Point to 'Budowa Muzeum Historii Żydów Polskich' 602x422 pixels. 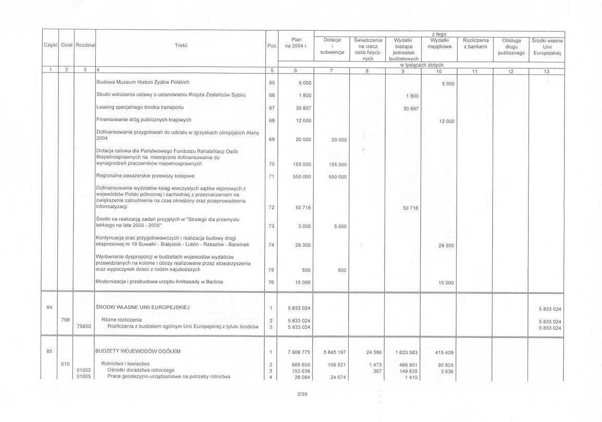click(x=143, y=82)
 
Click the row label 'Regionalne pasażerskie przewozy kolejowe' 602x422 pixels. click(x=145, y=176)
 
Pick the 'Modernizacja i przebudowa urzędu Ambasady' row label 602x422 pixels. click(x=159, y=282)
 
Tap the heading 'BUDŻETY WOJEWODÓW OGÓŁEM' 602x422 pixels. click(x=138, y=351)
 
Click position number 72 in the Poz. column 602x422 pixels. click(x=271, y=208)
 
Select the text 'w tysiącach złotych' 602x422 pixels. click(x=422, y=65)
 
